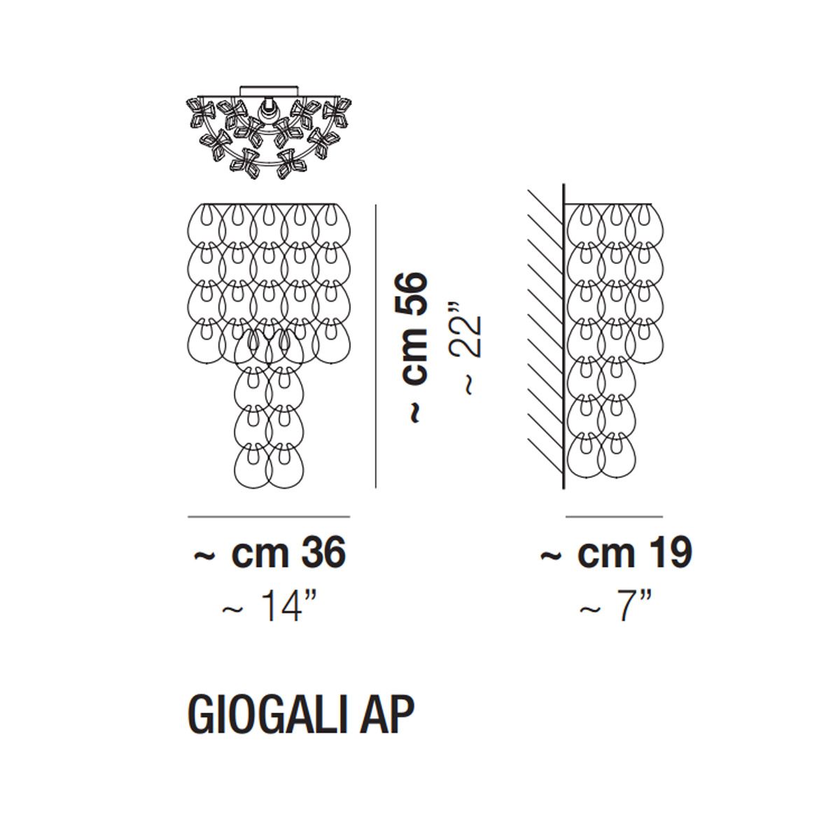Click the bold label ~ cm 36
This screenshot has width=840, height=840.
point(269,554)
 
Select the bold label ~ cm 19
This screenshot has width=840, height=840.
point(617,553)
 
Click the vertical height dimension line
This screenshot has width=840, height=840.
point(375,346)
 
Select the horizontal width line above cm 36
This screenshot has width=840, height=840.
point(269,517)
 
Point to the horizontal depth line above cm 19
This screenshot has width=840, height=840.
point(614,517)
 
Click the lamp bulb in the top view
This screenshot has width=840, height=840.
point(266,109)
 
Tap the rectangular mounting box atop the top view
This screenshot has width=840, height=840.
point(269,91)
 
